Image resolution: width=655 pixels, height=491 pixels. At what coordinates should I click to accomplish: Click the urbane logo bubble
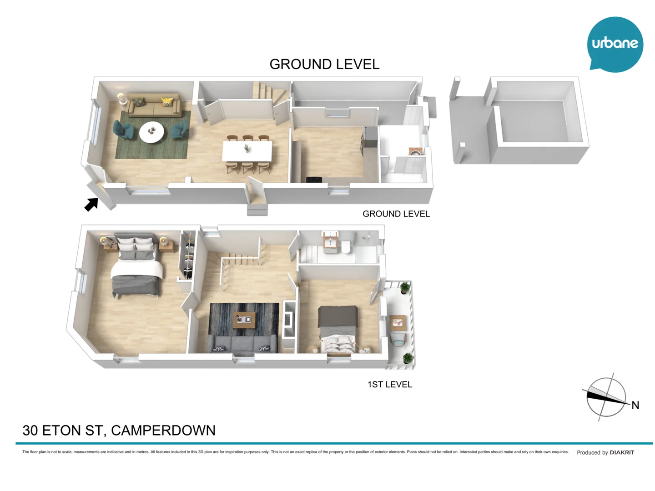tap(615, 44)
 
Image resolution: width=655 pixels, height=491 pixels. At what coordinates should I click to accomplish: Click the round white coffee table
tap(151, 132)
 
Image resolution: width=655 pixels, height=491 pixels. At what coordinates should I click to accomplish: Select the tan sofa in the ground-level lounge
tap(153, 106)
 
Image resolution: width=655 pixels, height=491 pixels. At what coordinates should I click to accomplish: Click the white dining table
tap(247, 151)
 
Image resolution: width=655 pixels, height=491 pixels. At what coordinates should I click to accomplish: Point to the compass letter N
tap(635, 405)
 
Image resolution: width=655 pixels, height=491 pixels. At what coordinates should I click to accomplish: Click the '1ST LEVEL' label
tap(389, 385)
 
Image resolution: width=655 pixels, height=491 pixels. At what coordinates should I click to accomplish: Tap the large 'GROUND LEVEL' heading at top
tap(324, 64)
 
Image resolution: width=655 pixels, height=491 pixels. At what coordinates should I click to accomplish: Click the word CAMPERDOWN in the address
tap(163, 430)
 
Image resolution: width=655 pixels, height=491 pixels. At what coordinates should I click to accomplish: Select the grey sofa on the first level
tap(242, 343)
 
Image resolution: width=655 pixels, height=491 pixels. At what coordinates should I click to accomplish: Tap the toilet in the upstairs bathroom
tap(346, 247)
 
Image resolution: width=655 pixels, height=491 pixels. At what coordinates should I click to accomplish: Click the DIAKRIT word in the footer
tap(622, 452)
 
